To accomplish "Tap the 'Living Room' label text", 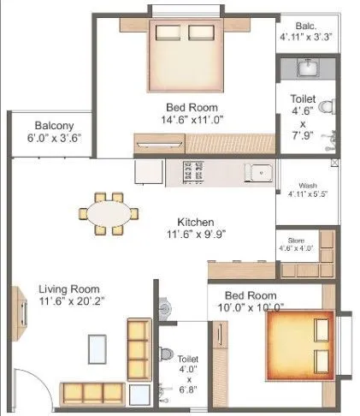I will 68,288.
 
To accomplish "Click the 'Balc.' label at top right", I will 307,25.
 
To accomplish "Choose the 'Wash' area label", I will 307,186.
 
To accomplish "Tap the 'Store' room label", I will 296,241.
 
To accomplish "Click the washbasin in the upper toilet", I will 307,68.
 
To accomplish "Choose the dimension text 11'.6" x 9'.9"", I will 196,233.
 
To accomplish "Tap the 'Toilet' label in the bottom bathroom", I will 187,360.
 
